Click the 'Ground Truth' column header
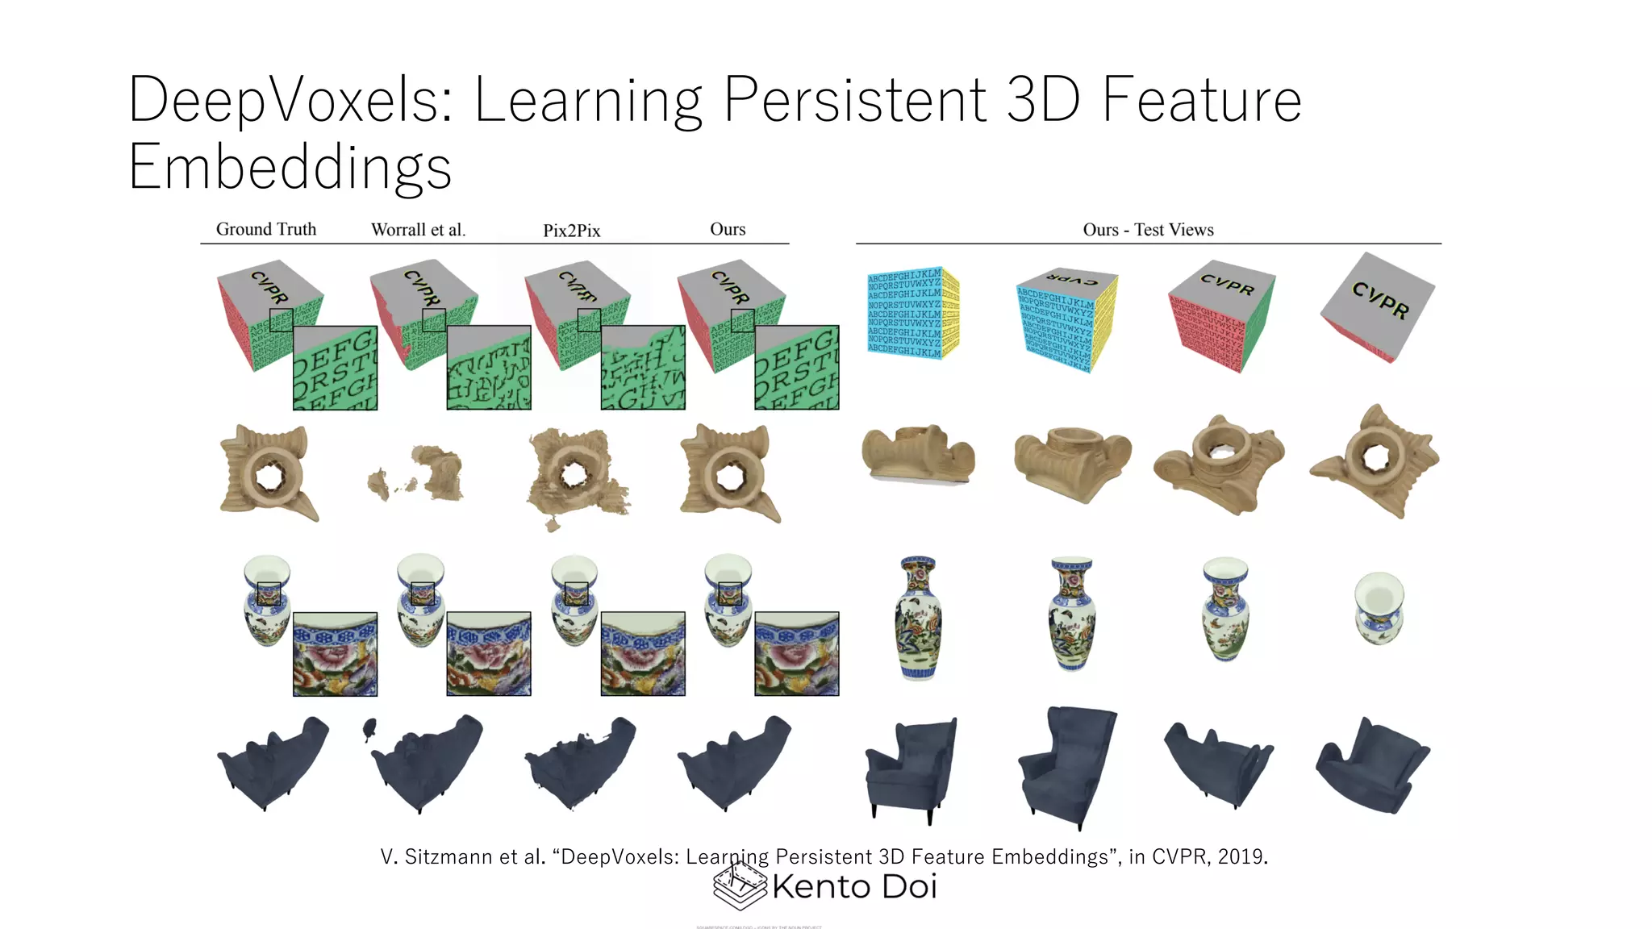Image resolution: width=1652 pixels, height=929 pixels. point(266,230)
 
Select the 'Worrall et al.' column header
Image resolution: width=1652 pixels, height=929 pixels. point(418,230)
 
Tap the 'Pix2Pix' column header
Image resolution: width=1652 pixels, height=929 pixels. point(571,231)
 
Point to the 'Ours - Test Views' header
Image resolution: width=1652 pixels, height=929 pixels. point(1148,230)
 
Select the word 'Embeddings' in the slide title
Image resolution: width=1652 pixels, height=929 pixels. point(290,167)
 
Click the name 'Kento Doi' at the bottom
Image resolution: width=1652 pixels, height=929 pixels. point(854,887)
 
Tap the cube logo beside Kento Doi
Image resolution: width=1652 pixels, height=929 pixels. point(740,885)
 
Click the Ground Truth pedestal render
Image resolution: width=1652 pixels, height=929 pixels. point(269,473)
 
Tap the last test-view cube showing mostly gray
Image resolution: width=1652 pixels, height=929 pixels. point(1378,306)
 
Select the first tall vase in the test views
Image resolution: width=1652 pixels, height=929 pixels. point(918,618)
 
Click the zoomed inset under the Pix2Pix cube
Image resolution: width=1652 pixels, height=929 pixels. point(643,368)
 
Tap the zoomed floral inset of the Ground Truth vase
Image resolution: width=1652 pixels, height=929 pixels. point(335,654)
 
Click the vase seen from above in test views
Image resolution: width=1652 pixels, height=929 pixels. point(1379,608)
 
